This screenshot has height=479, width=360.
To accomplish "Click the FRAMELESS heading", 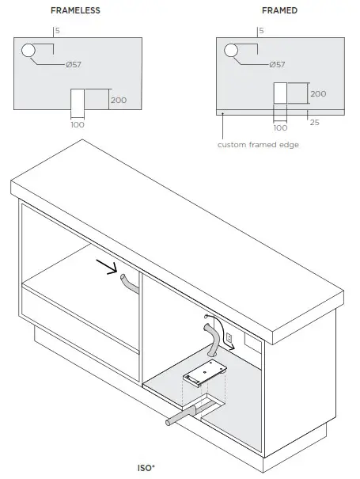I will click(x=76, y=11).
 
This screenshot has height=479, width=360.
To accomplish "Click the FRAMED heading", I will click(x=279, y=11).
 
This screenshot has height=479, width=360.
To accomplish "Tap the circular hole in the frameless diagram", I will click(x=29, y=51).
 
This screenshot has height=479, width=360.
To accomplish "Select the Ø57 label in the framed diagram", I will click(x=277, y=64).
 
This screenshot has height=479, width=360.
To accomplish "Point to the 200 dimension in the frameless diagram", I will click(x=118, y=101).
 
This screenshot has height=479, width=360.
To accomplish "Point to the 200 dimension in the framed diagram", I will click(x=318, y=93).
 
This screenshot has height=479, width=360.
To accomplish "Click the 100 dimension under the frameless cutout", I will click(x=78, y=125).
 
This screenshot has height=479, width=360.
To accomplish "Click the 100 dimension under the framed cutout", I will click(x=280, y=127).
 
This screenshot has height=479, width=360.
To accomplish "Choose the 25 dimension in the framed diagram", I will click(x=315, y=122).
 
